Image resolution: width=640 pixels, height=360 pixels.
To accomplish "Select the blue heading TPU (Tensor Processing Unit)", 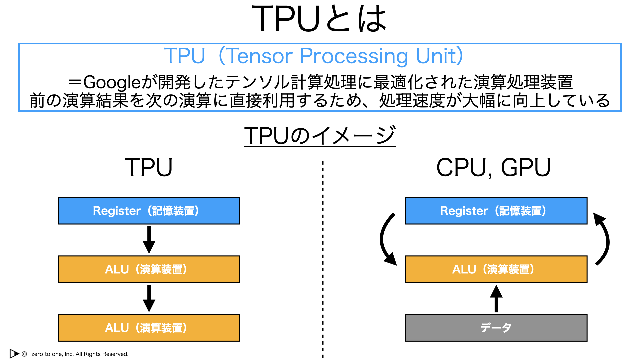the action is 314,56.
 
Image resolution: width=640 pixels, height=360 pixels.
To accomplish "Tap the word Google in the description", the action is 112,82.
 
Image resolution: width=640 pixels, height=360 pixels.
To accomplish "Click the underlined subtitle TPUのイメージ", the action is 320,136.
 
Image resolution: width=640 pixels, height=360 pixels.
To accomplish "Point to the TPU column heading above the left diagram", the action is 149,167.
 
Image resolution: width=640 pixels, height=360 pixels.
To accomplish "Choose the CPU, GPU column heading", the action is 493,168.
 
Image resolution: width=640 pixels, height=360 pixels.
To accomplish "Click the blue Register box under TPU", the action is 149,211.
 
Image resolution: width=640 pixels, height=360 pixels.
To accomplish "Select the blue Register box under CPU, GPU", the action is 496,211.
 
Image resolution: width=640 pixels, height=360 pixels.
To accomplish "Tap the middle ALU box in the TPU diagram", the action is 149,269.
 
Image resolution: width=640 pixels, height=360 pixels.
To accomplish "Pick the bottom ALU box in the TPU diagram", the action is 149,328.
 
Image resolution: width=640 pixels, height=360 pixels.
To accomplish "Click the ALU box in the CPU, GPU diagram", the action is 496,269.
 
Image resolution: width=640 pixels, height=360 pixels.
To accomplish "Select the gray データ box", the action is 496,328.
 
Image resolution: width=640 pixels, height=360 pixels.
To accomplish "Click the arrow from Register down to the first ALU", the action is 149,240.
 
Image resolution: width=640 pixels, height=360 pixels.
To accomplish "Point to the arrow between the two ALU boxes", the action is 149,298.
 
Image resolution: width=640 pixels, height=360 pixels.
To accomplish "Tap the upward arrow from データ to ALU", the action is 496,299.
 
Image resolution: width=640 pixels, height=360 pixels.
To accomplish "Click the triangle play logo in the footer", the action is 14,353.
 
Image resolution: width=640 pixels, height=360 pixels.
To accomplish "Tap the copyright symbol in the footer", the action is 24,354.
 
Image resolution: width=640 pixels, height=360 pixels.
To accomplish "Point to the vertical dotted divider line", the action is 323,260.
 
